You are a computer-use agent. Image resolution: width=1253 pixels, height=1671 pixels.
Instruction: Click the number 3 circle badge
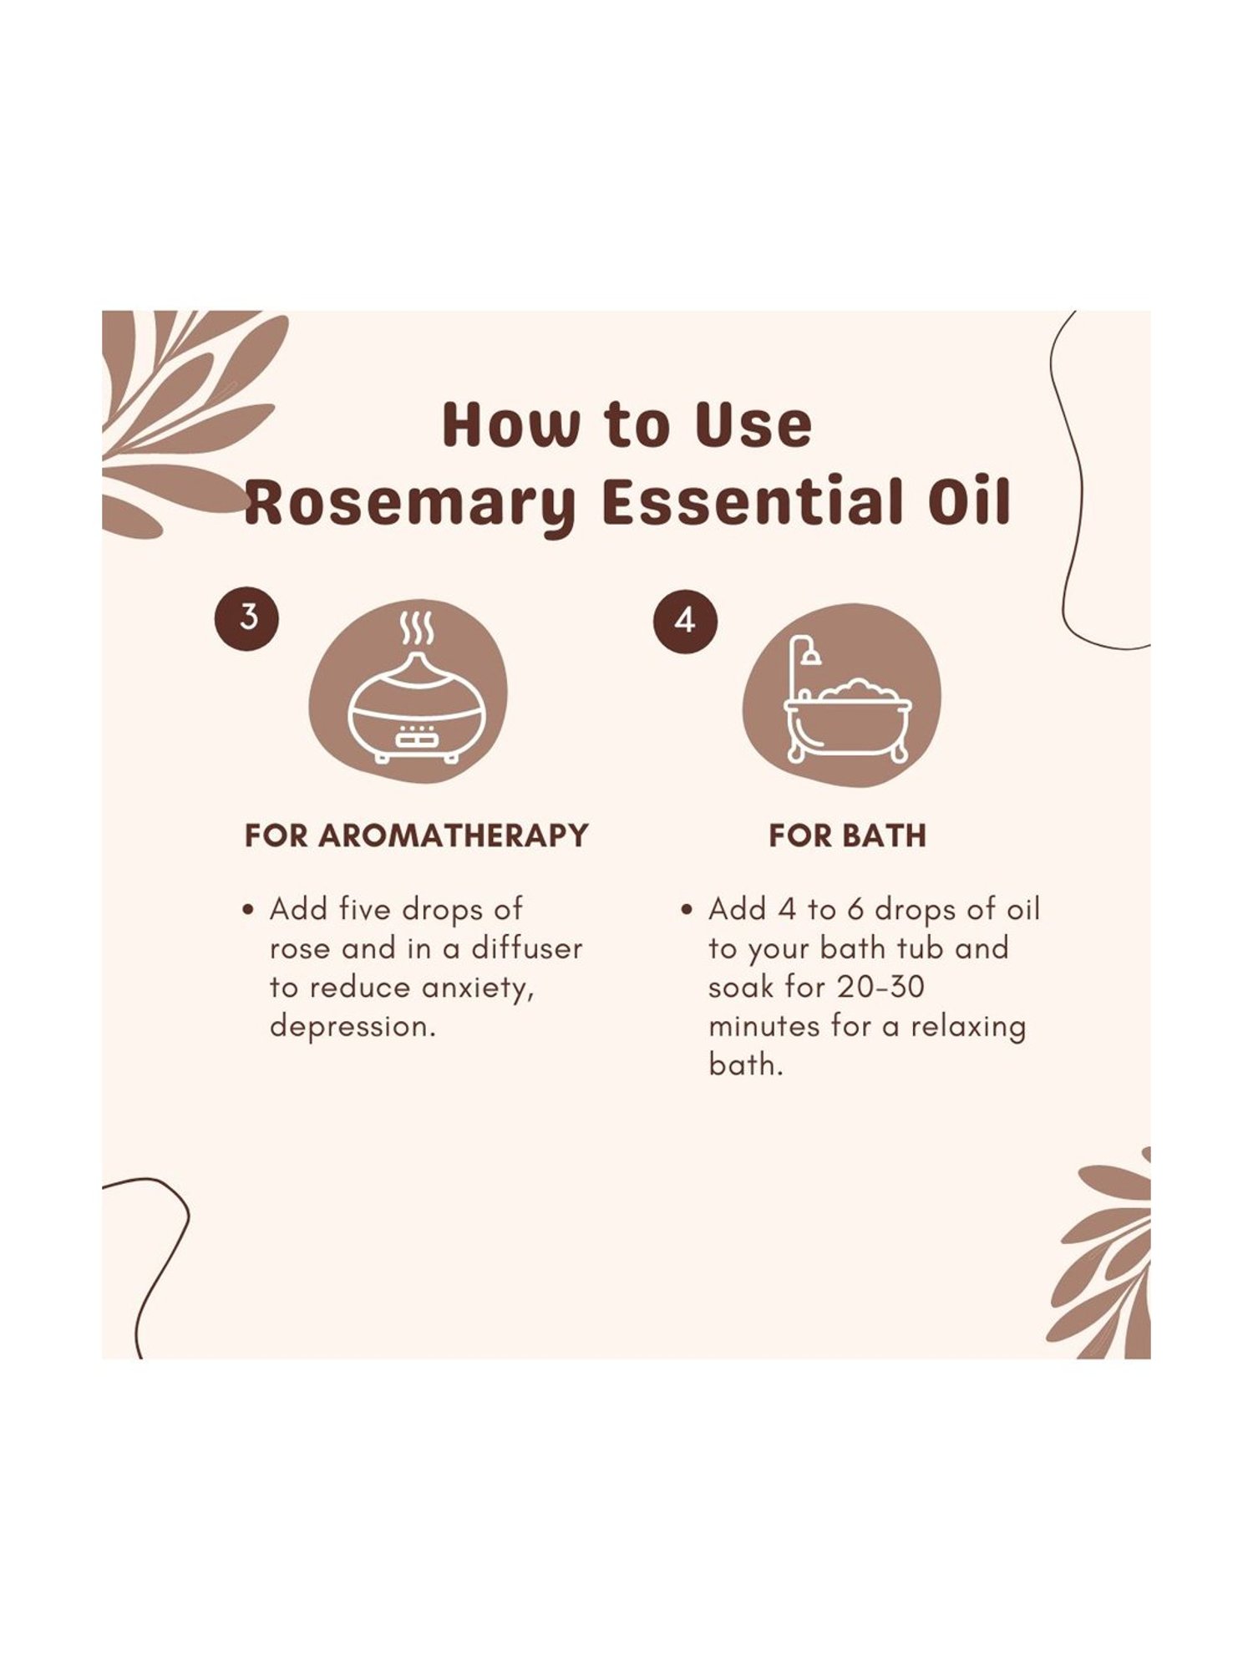(x=248, y=618)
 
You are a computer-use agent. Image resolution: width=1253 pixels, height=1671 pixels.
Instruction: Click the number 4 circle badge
(x=685, y=621)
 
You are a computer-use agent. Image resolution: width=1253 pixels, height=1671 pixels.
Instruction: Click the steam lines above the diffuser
(x=416, y=629)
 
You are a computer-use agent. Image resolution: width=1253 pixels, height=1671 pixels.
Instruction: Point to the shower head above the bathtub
(x=810, y=656)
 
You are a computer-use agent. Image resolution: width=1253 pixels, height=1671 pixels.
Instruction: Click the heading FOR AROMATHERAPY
(x=416, y=835)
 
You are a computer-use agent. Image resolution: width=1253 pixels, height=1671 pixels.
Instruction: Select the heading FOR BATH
(x=847, y=835)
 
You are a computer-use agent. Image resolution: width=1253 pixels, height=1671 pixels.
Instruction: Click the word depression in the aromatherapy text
(x=351, y=1027)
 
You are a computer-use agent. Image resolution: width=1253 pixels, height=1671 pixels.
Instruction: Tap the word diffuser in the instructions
(x=526, y=948)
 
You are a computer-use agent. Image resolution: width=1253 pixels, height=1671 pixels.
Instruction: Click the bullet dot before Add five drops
(x=247, y=911)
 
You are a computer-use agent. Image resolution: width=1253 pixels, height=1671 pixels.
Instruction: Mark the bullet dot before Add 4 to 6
(x=686, y=911)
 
